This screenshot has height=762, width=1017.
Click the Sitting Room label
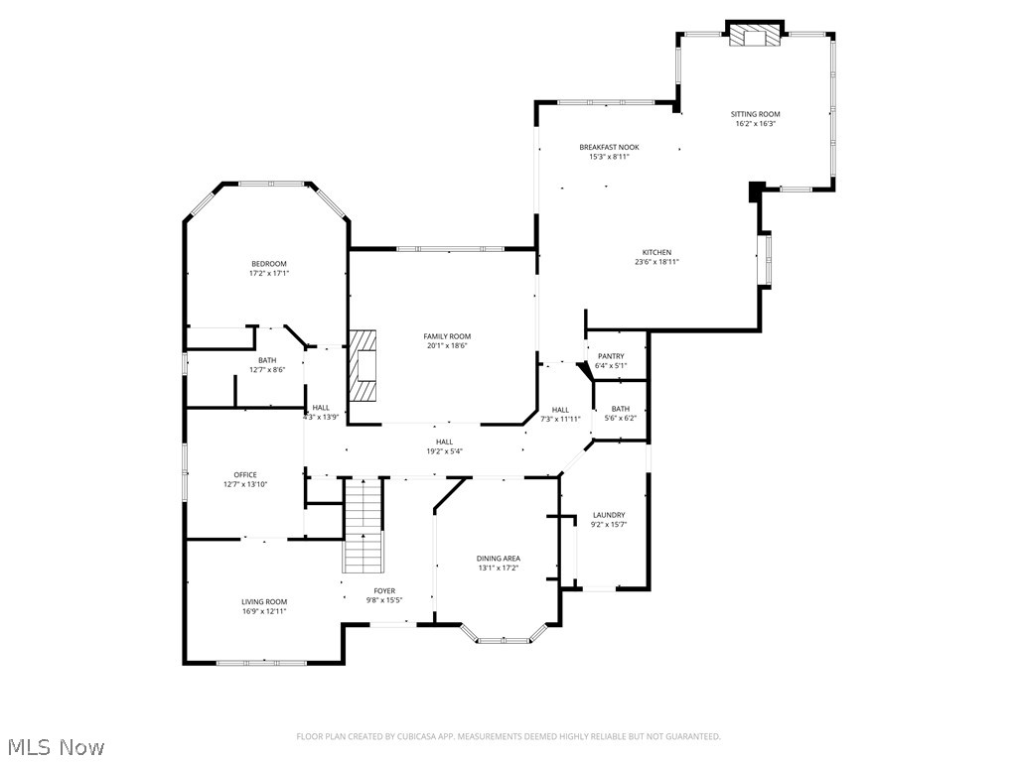[x=756, y=114]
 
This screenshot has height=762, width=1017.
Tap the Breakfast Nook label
[x=609, y=147]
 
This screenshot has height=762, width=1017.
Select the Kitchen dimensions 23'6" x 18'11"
[x=656, y=262]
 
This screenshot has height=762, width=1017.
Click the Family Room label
[x=447, y=336]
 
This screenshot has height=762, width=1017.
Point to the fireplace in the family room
[x=364, y=365]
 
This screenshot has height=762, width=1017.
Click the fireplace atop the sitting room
[x=755, y=37]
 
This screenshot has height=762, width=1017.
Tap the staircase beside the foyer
[x=363, y=526]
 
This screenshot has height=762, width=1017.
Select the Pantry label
[x=611, y=356]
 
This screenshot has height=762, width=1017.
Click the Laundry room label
[x=609, y=515]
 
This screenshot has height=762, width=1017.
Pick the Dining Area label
[x=498, y=559]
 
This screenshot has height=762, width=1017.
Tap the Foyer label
[x=384, y=590]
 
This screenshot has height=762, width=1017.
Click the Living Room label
[x=264, y=601]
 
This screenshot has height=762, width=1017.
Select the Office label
[x=245, y=474]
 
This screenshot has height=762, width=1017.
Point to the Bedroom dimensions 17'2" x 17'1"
[x=268, y=273]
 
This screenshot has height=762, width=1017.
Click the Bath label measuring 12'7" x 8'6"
[x=267, y=360]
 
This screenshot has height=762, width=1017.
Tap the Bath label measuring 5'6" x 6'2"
[x=621, y=409]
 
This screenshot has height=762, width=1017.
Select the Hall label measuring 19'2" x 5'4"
[x=444, y=442]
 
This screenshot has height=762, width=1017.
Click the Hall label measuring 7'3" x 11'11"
[x=560, y=410]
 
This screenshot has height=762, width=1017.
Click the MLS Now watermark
[x=56, y=746]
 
